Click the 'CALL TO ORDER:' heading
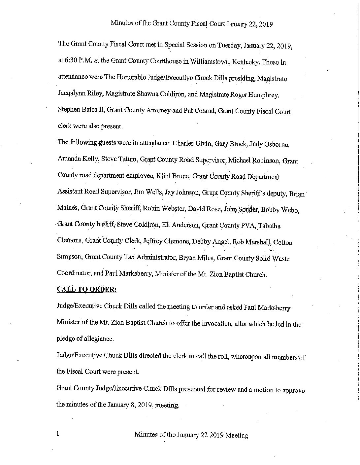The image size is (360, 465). pyautogui.click(x=86, y=290)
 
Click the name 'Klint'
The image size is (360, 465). pyautogui.click(x=163, y=176)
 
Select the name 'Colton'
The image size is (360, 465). pyautogui.click(x=283, y=243)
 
